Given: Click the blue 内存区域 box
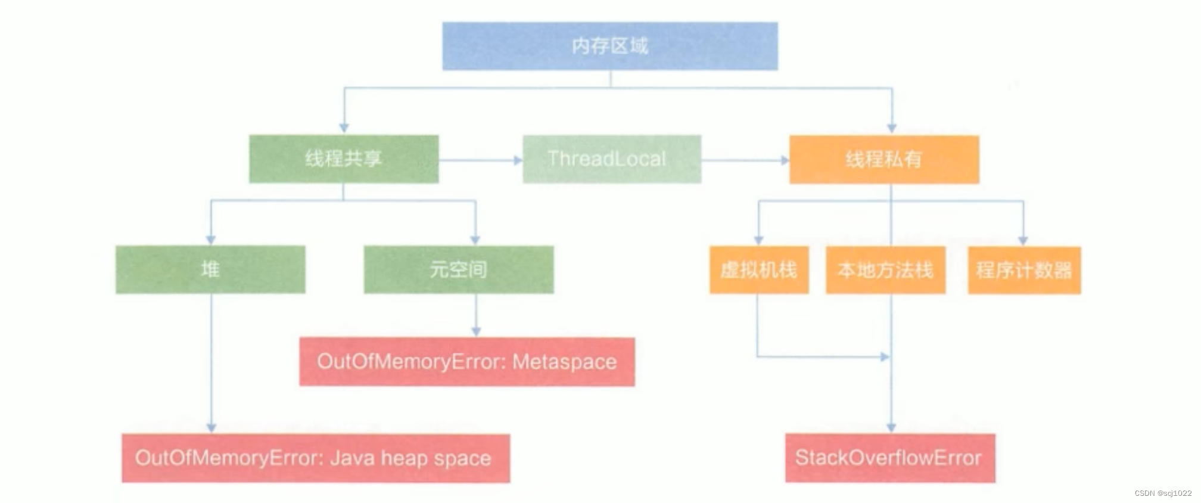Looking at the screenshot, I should pos(609,46).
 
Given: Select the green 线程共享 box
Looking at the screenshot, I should pos(344,159).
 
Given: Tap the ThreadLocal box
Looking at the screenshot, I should pos(612,159).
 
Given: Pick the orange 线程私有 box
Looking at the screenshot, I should pos(884,159).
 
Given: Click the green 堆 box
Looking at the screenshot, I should pos(210,269).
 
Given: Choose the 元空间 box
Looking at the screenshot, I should pos(459,269).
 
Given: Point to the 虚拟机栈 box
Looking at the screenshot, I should pos(758,270).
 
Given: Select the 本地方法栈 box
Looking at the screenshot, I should pos(885,270).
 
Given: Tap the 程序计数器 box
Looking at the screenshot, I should pos(1024,270).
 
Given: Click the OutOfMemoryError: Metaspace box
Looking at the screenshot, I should pos(466,362).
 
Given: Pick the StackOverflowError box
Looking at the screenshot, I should pos(890,458).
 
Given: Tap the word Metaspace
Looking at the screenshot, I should pos(564,362).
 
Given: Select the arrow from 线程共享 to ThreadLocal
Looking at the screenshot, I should pos(480,160).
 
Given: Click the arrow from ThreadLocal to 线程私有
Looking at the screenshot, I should pos(745,160).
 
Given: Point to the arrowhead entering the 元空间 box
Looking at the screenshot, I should pos(475,240).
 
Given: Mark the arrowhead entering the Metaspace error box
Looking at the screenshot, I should pos(476,331).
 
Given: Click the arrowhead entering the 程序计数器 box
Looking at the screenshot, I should pos(1023,240).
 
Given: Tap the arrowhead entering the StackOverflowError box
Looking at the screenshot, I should pos(891,427).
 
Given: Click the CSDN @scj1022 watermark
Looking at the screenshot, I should pos(1163,493).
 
